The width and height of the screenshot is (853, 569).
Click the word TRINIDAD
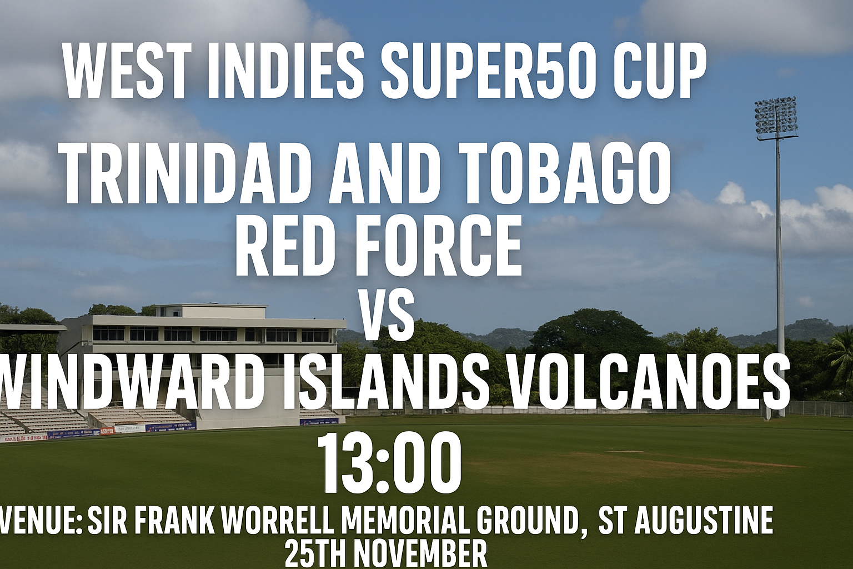[x=186, y=174]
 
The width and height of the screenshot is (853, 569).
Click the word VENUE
[x=40, y=521]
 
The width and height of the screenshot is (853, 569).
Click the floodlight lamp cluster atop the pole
[x=776, y=115]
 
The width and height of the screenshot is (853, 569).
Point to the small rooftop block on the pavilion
[x=210, y=310]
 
